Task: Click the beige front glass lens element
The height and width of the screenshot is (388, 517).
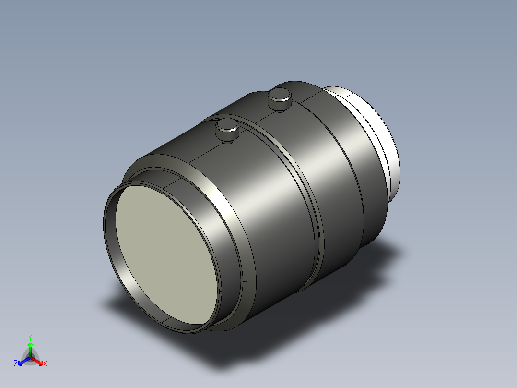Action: [166, 254]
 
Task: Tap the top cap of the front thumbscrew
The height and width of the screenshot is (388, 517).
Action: [227, 125]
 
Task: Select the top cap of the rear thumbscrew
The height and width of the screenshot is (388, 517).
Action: [280, 95]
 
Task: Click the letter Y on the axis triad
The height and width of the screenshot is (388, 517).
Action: [30, 338]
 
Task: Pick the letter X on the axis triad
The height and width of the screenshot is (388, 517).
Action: [45, 364]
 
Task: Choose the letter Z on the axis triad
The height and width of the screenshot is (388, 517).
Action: [16, 364]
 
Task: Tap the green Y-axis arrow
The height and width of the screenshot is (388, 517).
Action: [30, 350]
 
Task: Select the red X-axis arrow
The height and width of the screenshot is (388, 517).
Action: [37, 361]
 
